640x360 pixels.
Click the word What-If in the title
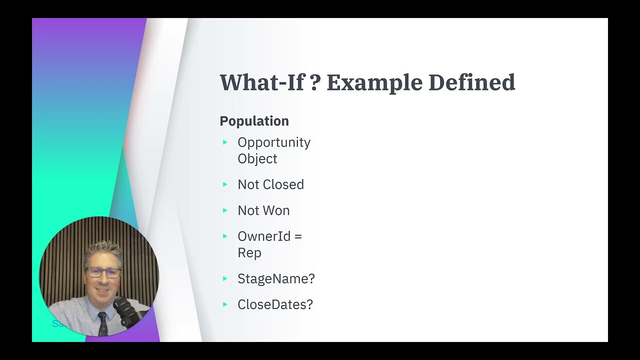[x=261, y=82]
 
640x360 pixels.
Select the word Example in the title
[x=374, y=82]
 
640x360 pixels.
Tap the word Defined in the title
[x=471, y=82]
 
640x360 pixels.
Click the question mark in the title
[x=314, y=82]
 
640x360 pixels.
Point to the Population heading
[x=254, y=121]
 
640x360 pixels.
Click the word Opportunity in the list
[x=273, y=142]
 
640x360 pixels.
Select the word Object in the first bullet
[x=257, y=159]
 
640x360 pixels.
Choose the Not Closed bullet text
[x=270, y=184]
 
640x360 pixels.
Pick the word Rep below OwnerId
[x=249, y=253]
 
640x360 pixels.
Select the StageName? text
[x=276, y=278]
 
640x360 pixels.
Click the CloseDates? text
[x=275, y=304]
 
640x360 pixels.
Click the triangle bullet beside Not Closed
[x=225, y=184]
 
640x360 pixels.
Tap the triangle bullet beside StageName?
[x=225, y=278]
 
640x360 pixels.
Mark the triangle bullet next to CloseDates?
[x=225, y=304]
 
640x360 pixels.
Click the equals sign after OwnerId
[x=298, y=236]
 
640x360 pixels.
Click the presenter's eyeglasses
[x=103, y=273]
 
